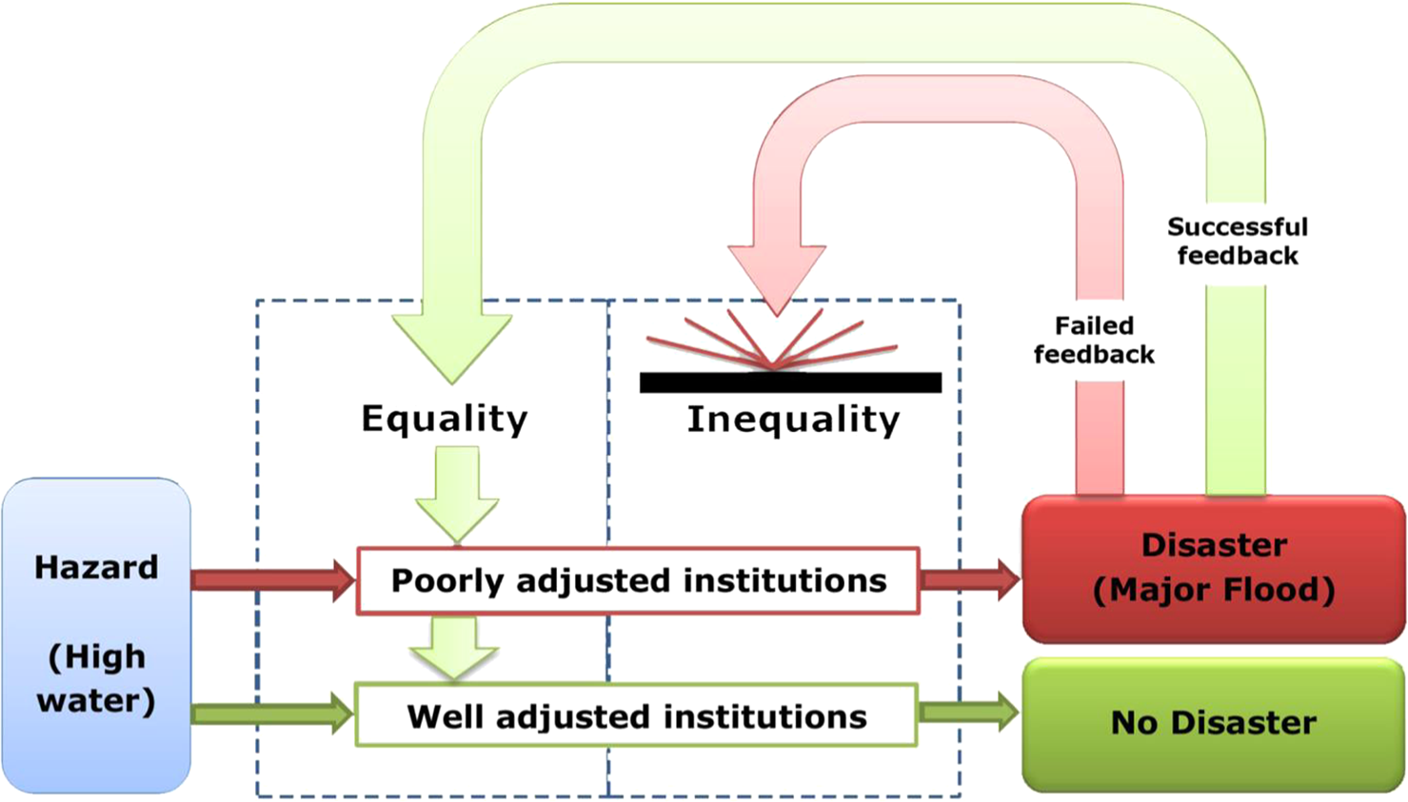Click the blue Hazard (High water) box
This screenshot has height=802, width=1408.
click(x=96, y=635)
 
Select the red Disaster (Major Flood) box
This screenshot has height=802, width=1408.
click(x=1213, y=568)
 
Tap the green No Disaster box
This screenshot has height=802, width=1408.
click(x=1213, y=723)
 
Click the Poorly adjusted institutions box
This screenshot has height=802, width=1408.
click(x=638, y=580)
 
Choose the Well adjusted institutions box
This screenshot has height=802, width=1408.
click(x=636, y=715)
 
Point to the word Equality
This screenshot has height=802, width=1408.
click(x=445, y=419)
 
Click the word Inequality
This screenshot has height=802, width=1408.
click(x=793, y=419)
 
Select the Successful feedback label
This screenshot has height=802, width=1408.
click(x=1237, y=241)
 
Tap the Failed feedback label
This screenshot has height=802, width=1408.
click(x=1094, y=340)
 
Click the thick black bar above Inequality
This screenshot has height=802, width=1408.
click(x=790, y=382)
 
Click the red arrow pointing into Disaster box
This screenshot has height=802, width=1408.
click(x=969, y=578)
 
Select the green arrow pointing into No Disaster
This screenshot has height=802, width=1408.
click(x=968, y=712)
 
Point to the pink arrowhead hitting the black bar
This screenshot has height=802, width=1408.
click(x=777, y=276)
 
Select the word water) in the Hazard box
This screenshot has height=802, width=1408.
click(x=96, y=700)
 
